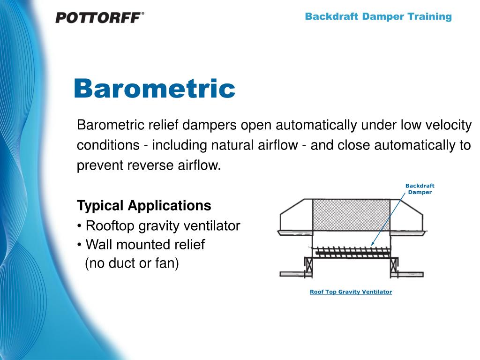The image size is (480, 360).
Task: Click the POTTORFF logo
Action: [99, 18]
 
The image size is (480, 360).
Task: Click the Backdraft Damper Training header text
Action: [378, 17]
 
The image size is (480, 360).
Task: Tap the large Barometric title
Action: [154, 89]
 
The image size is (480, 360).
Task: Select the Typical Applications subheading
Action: [144, 205]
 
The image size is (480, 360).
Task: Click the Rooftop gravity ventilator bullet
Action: [158, 226]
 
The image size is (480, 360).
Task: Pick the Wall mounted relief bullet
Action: [141, 245]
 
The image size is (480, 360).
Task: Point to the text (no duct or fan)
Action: [132, 263]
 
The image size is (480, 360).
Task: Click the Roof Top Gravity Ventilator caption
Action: [351, 292]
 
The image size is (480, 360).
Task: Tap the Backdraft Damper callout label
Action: [420, 189]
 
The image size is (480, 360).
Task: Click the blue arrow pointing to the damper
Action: [388, 217]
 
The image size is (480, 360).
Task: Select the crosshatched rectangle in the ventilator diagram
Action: [351, 215]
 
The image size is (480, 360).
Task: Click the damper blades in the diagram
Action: [349, 252]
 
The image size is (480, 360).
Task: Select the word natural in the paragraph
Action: [233, 146]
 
